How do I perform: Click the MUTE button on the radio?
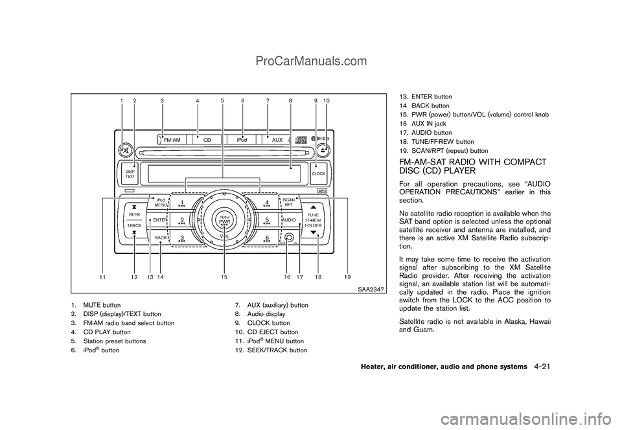[124, 150]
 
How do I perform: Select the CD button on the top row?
[207, 140]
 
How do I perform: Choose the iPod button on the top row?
[242, 140]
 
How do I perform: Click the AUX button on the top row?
[277, 140]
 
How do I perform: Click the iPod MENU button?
[159, 203]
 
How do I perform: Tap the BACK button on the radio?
[160, 238]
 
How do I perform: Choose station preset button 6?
[266, 238]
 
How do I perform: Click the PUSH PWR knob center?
[225, 220]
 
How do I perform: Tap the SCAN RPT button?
[289, 203]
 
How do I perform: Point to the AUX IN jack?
[289, 238]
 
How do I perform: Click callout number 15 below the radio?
[225, 277]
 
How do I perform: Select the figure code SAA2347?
[371, 289]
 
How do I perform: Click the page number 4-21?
[542, 367]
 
